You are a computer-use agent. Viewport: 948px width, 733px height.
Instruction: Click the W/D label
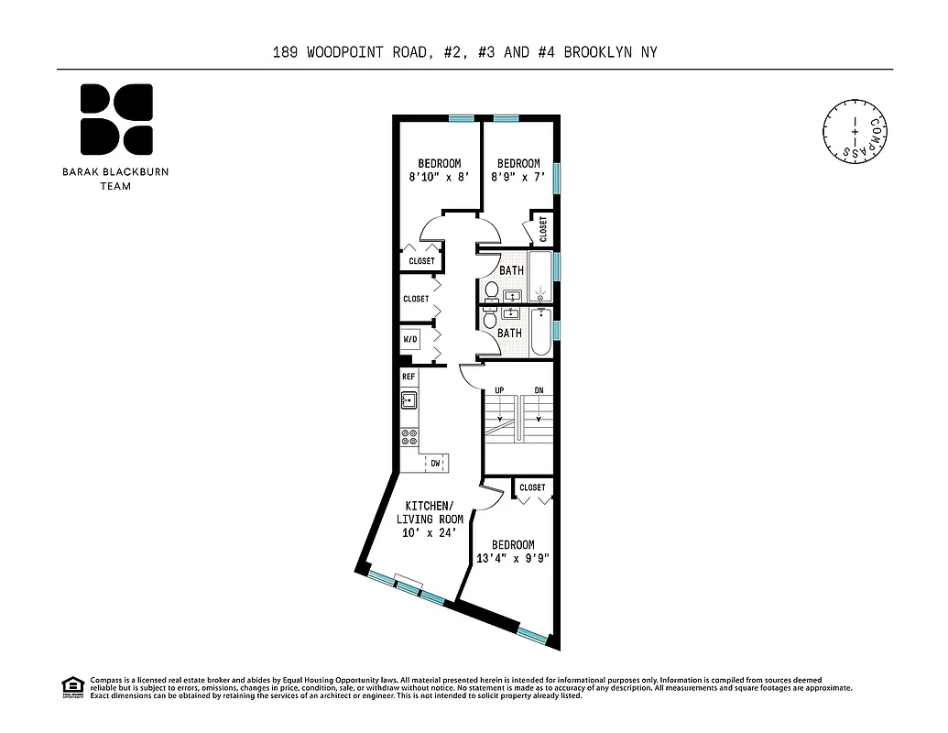pos(409,340)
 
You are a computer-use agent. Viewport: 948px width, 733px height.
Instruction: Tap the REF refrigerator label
pos(409,377)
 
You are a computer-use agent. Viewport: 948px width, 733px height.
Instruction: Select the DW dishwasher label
pos(436,464)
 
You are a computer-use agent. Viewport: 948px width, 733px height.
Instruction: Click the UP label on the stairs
pos(499,390)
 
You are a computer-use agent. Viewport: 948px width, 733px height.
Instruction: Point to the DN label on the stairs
pos(539,390)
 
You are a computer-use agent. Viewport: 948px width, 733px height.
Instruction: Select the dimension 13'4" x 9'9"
pos(513,558)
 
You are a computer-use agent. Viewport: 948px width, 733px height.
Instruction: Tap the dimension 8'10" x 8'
pos(440,177)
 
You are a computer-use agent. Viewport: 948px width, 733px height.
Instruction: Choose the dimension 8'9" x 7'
pos(518,177)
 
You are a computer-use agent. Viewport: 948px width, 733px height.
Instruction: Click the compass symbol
pos(856,132)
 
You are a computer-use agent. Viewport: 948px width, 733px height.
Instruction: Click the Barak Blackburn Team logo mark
pos(116,119)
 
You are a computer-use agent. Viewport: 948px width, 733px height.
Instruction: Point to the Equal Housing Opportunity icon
pos(71,686)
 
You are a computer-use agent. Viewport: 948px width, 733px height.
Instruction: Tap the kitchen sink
pos(409,399)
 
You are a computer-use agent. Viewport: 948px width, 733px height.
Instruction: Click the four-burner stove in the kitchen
pos(409,437)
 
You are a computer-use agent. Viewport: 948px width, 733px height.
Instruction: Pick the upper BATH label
pos(511,270)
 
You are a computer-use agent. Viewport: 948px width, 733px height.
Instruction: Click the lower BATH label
pos(509,333)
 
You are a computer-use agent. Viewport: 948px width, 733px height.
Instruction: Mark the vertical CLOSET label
pos(543,229)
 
